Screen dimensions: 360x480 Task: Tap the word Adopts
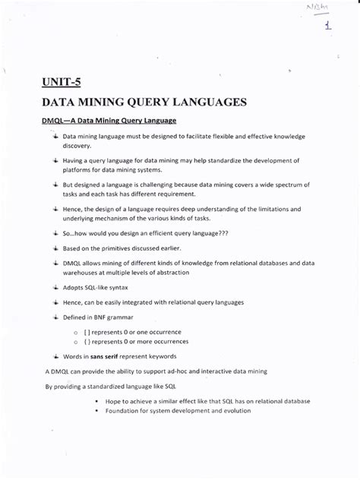pyautogui.click(x=74, y=288)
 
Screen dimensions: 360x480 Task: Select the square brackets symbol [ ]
pyautogui.click(x=98, y=332)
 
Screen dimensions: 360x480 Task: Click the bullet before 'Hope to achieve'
pyautogui.click(x=96, y=400)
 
